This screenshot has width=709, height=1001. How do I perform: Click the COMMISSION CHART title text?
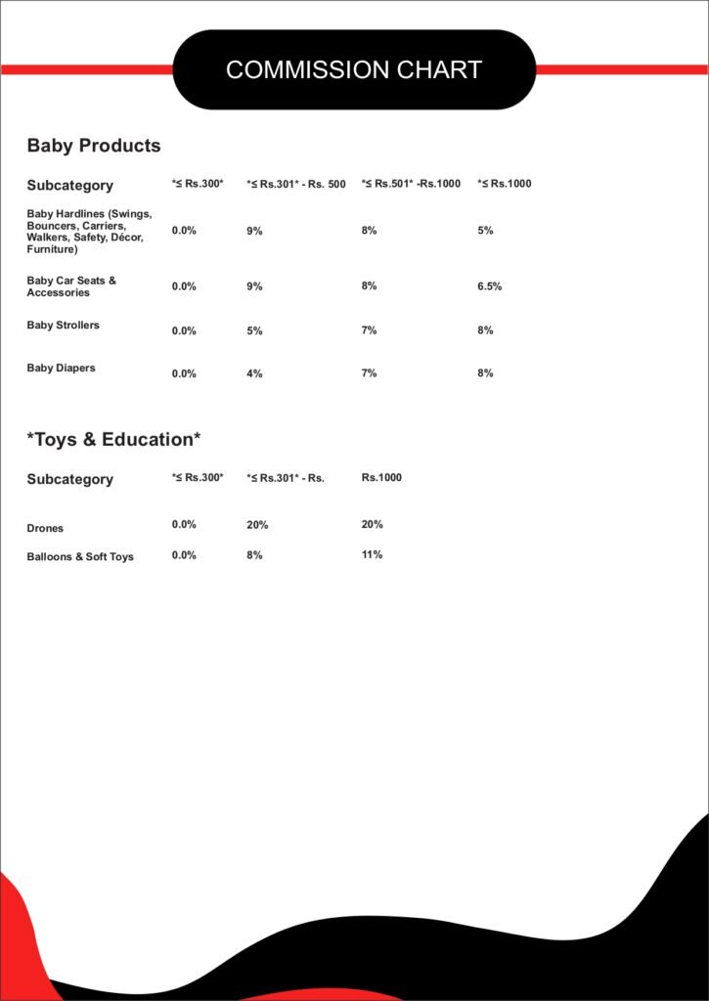354,69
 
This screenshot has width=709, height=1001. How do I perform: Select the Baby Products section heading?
94,146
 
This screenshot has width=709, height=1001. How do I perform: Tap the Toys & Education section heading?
113,440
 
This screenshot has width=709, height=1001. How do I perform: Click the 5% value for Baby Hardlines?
485,231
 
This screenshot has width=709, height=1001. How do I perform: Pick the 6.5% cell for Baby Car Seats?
490,286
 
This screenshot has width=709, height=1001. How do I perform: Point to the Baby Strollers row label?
63,326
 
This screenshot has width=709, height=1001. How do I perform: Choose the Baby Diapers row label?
61,369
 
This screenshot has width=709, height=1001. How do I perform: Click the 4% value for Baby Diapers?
254,373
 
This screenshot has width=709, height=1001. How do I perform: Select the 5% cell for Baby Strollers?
254,330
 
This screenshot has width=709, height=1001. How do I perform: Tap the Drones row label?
45,529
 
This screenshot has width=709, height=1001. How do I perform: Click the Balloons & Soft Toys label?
80,557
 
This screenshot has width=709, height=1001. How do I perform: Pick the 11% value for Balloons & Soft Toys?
372,554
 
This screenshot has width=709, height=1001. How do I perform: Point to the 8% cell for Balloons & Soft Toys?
254,555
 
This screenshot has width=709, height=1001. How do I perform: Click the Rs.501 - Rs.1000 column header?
411,184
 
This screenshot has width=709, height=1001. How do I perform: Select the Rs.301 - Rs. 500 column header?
296,184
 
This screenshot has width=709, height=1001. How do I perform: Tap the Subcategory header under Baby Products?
69,186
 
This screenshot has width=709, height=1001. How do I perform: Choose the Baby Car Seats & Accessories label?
71,286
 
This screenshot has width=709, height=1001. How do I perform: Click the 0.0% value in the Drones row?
184,525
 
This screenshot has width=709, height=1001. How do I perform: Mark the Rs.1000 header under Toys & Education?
381,478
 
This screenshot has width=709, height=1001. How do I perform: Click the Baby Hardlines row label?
89,231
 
